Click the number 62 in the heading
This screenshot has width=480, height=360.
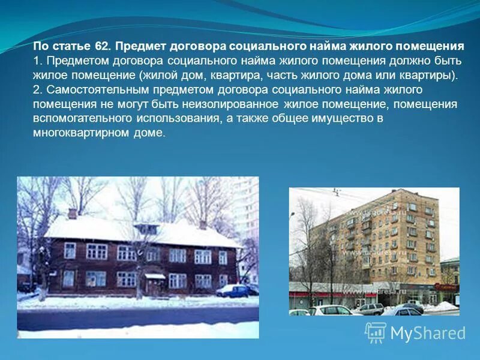pyautogui.click(x=101, y=46)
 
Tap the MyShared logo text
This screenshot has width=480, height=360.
pyautogui.click(x=428, y=333)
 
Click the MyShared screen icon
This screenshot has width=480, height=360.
pyautogui.click(x=376, y=332)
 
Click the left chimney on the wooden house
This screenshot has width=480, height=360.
pyautogui.click(x=72, y=213)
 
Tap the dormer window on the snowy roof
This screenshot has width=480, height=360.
pyautogui.click(x=146, y=229)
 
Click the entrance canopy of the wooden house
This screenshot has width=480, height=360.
pyautogui.click(x=155, y=276)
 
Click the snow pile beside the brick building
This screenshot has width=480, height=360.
pyautogui.click(x=442, y=307)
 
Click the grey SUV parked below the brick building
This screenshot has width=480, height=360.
pyautogui.click(x=370, y=308)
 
